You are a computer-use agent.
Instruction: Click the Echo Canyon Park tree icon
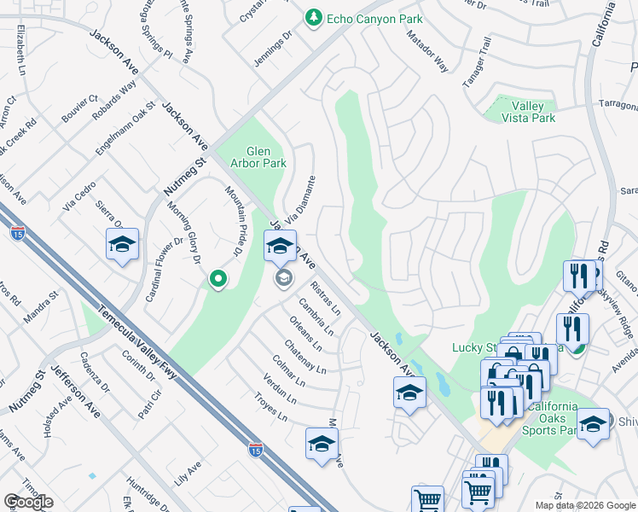pyautogui.click(x=314, y=17)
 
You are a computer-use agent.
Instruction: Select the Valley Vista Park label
pyautogui.click(x=529, y=112)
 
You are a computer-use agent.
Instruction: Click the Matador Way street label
pyautogui.click(x=427, y=51)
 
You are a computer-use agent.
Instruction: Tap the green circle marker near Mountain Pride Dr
pyautogui.click(x=218, y=278)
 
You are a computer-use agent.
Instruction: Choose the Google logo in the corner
pyautogui.click(x=28, y=502)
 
